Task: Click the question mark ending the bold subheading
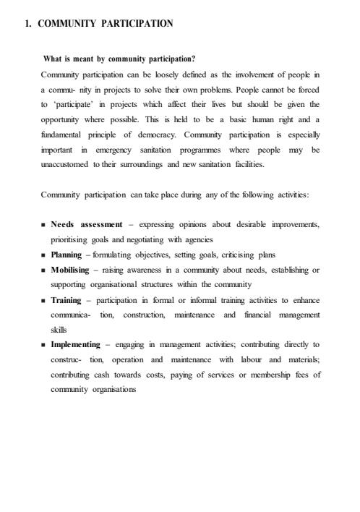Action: [x=194, y=59]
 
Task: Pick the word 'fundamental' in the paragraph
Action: [x=61, y=136]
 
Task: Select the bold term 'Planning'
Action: [x=66, y=255]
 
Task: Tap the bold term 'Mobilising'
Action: [x=69, y=270]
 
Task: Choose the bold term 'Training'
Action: [x=66, y=300]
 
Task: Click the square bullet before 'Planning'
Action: [x=44, y=255]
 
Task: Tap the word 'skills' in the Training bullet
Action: [x=59, y=330]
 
